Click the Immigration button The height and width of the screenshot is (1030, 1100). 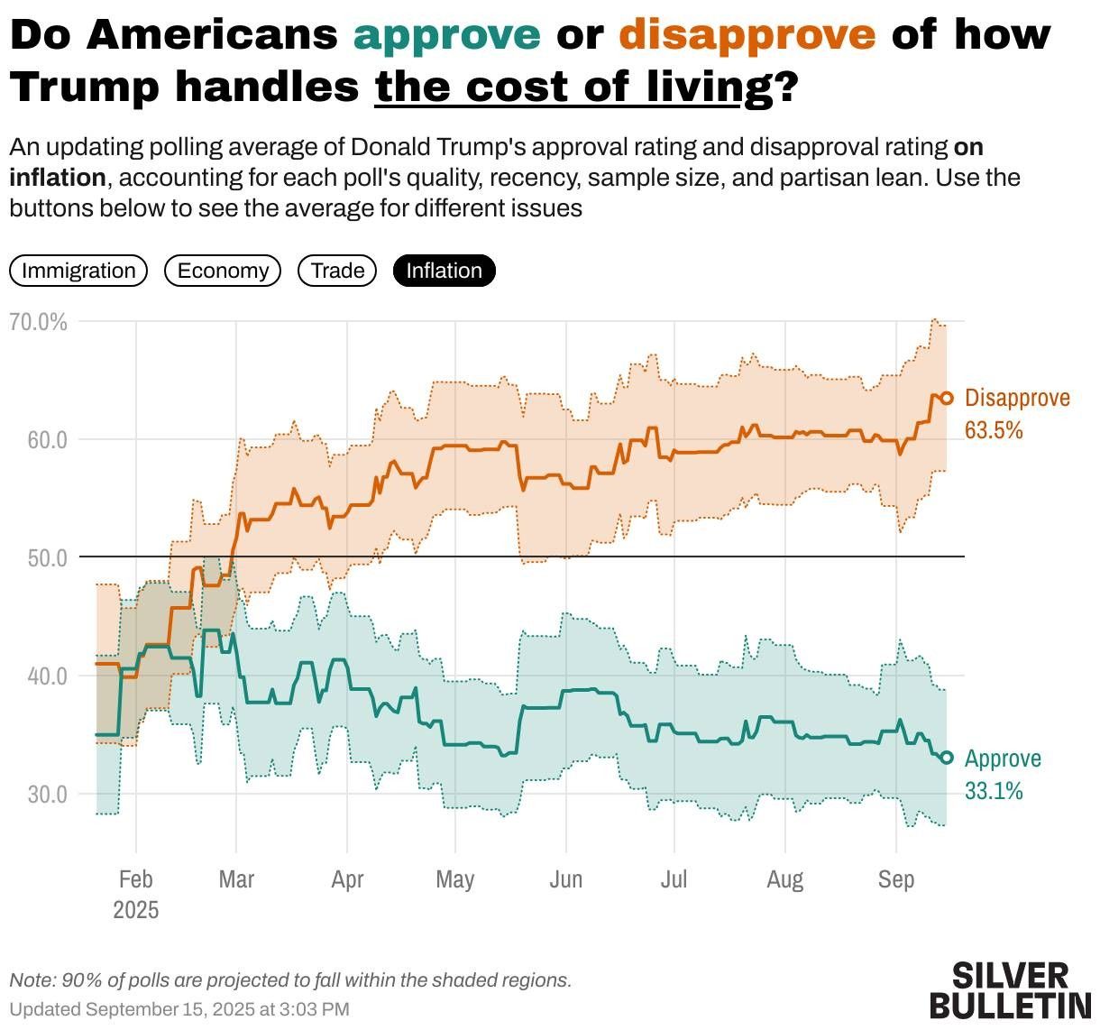(78, 271)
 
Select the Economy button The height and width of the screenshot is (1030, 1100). (223, 271)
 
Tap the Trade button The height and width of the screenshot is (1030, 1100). (337, 271)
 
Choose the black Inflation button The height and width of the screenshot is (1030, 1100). (444, 271)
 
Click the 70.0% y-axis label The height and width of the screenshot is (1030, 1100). (38, 322)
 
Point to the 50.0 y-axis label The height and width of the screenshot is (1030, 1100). (47, 558)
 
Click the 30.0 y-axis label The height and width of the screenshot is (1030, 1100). (47, 794)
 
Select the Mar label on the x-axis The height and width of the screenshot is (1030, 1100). (236, 879)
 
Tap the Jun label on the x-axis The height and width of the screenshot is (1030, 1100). (565, 879)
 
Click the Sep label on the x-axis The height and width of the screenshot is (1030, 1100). (895, 879)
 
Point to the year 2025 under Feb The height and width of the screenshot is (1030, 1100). (136, 910)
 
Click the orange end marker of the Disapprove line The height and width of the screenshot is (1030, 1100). (947, 398)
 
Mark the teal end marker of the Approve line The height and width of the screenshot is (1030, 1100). (947, 758)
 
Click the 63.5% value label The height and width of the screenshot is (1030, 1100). (994, 430)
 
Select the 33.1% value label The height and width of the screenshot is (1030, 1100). (994, 790)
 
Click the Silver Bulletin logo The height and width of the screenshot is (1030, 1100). (1010, 990)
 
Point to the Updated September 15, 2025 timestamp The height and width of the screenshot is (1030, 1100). (179, 1009)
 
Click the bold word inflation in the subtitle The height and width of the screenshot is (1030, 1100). (58, 178)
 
